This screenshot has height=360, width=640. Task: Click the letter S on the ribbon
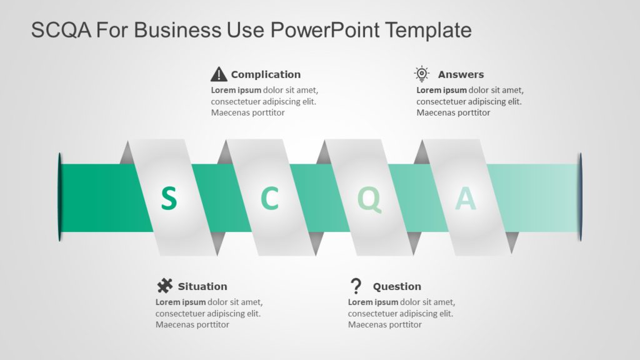pyautogui.click(x=169, y=198)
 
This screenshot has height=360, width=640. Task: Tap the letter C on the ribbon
pyautogui.click(x=269, y=198)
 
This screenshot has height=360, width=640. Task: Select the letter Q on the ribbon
pyautogui.click(x=369, y=199)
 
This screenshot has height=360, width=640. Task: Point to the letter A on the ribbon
pyautogui.click(x=465, y=198)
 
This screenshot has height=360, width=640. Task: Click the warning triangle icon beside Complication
pyautogui.click(x=219, y=74)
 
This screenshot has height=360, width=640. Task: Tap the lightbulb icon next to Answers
pyautogui.click(x=422, y=74)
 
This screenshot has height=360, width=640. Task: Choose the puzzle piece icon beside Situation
pyautogui.click(x=164, y=286)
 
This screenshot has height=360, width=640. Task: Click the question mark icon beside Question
pyautogui.click(x=356, y=286)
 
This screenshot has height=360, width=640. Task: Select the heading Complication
pyautogui.click(x=266, y=74)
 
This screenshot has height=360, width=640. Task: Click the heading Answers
pyautogui.click(x=461, y=74)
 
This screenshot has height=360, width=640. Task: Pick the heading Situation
pyautogui.click(x=202, y=286)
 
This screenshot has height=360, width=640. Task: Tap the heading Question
pyautogui.click(x=397, y=286)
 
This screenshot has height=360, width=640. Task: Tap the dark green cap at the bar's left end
pyautogui.click(x=60, y=197)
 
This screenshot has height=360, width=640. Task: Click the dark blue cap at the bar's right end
pyautogui.click(x=580, y=197)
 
